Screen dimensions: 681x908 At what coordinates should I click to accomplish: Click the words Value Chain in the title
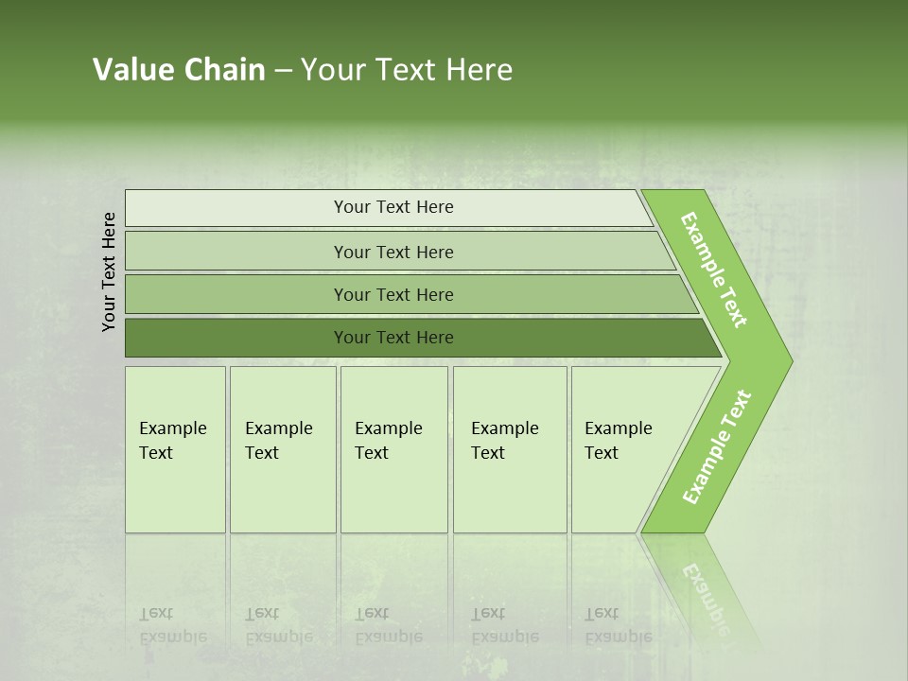click(x=179, y=70)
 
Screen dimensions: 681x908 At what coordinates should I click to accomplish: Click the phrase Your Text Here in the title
click(x=407, y=70)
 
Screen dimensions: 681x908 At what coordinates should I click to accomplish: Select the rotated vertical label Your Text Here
click(x=109, y=271)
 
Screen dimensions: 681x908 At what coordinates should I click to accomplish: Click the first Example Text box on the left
click(x=175, y=449)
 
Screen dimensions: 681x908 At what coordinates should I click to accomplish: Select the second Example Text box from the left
click(x=282, y=449)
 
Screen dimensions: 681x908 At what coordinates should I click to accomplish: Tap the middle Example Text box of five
click(x=393, y=449)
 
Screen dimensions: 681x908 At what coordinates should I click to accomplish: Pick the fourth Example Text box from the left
click(x=509, y=449)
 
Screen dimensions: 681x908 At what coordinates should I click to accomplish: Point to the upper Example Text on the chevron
click(x=714, y=270)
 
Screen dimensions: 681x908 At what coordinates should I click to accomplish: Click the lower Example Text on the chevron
click(x=716, y=447)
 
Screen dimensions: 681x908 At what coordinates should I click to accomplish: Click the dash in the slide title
click(x=283, y=71)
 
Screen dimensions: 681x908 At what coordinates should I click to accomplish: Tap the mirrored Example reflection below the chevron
click(x=705, y=596)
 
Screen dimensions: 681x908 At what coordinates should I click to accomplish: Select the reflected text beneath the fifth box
click(x=618, y=625)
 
